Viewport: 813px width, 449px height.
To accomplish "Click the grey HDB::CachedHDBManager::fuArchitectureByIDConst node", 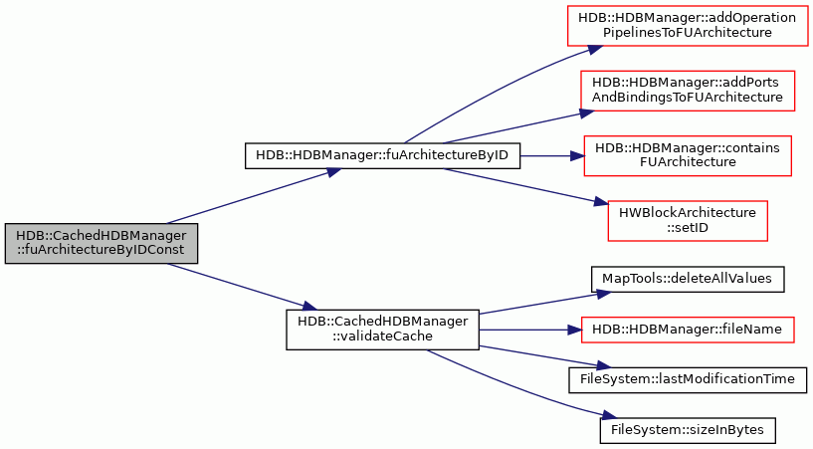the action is pos(102,243).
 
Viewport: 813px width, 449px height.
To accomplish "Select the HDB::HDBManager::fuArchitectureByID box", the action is pos(382,155).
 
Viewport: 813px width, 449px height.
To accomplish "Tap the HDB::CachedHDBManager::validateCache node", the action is pos(382,330).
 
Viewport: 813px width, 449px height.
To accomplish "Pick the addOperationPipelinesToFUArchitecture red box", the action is pos(687,26).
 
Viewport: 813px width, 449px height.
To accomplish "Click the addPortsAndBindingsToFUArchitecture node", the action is pos(687,91).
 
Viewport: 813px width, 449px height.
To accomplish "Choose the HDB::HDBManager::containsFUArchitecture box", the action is pos(688,155).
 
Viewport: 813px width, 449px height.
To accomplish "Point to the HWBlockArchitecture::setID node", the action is pos(688,221).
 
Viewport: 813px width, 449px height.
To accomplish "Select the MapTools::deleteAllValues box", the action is pos(688,279).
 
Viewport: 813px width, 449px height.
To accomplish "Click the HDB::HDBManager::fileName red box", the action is pos(687,330).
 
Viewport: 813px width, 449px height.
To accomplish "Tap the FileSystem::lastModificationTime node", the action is pos(688,380).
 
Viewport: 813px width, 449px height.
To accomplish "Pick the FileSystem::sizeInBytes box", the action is pos(688,430).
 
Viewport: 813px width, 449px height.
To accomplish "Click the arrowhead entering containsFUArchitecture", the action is pos(577,155).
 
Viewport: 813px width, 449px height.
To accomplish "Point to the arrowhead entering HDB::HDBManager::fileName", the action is pos(574,330).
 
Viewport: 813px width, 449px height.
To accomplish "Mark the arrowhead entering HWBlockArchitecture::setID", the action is pos(600,202).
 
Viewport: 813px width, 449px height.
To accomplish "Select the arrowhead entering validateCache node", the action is pos(309,306).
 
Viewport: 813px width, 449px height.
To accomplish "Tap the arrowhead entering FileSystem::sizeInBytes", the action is pos(610,416).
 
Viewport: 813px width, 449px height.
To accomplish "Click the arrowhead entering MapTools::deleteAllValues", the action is pos(603,293).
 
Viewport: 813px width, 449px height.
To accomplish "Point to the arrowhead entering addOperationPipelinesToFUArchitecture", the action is pos(596,49).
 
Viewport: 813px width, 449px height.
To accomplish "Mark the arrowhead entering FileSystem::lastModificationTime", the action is pos(603,366).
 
